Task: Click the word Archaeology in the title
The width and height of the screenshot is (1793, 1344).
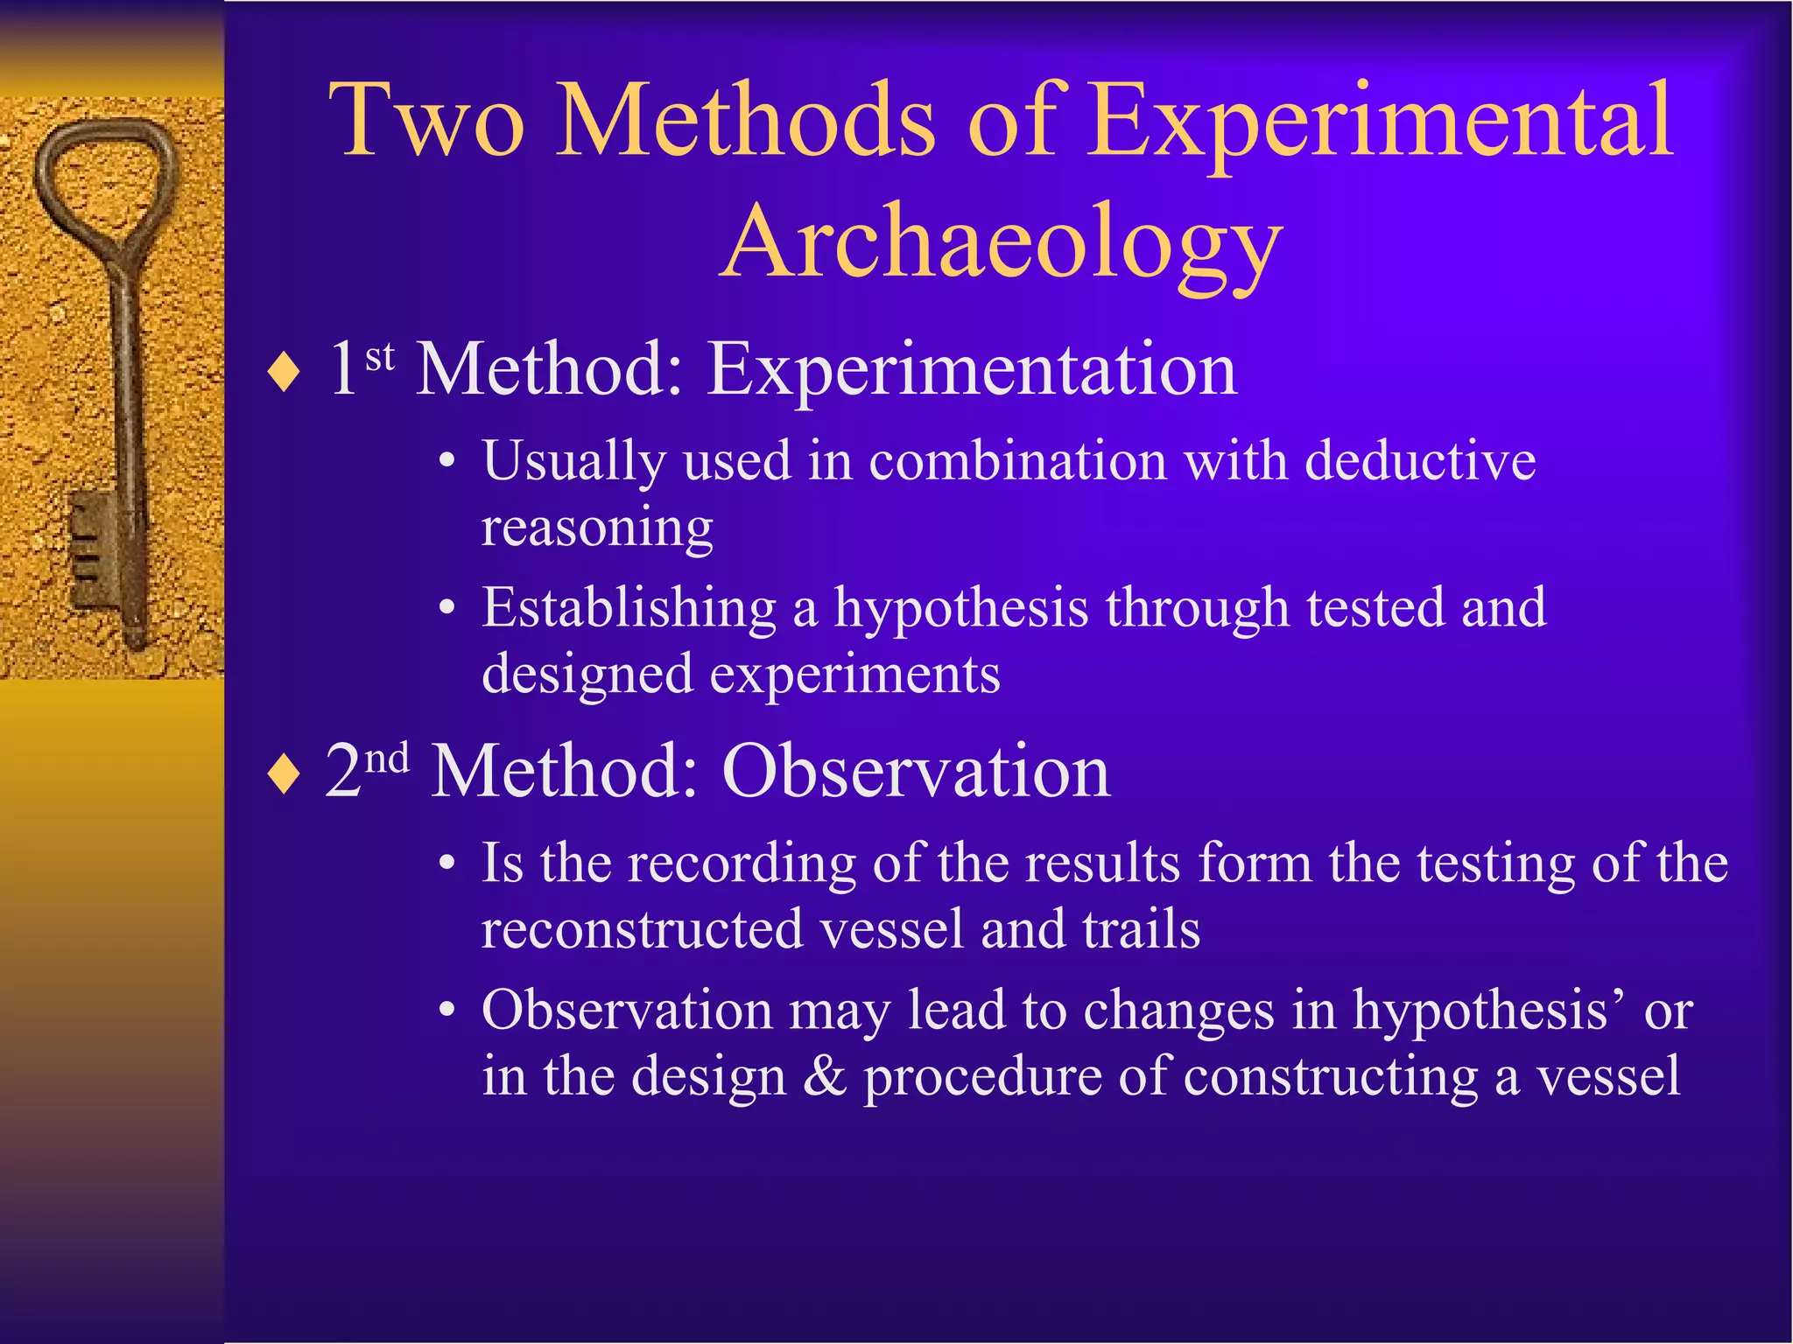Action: (1002, 242)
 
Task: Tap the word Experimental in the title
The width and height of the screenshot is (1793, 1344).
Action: (1382, 122)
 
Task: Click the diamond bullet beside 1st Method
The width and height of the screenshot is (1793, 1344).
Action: (285, 374)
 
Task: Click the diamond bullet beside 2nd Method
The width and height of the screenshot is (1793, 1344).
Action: (285, 775)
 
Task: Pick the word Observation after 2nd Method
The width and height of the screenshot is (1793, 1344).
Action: (916, 772)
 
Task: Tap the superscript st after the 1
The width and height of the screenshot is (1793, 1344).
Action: (380, 357)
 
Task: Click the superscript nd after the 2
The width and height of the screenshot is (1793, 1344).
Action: (387, 758)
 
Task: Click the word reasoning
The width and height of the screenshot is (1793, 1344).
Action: (597, 528)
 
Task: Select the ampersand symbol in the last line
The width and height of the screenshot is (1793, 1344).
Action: (824, 1076)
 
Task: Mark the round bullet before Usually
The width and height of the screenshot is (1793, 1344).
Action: (447, 461)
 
